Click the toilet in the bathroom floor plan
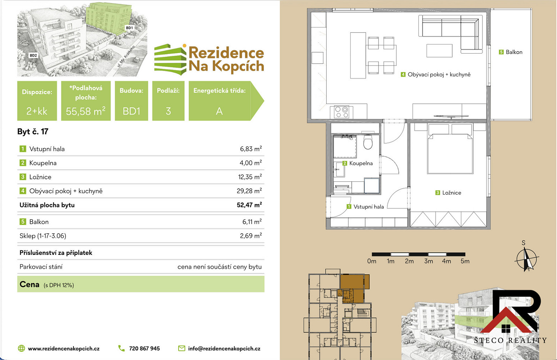[368, 142]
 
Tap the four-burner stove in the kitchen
[341, 112]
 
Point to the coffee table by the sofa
[439, 51]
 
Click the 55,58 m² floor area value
[86, 111]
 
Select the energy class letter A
[219, 111]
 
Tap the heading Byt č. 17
[33, 131]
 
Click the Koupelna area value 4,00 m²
[251, 163]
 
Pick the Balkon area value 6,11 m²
[252, 221]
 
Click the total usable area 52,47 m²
[249, 205]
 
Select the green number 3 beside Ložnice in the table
[23, 177]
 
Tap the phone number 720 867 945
[144, 348]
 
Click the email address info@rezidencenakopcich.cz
[224, 348]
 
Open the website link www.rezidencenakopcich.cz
[64, 348]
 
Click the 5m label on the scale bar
[465, 261]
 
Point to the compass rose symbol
[526, 259]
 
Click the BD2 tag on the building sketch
[33, 55]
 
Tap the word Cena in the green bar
[29, 284]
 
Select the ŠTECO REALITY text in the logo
[510, 340]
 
